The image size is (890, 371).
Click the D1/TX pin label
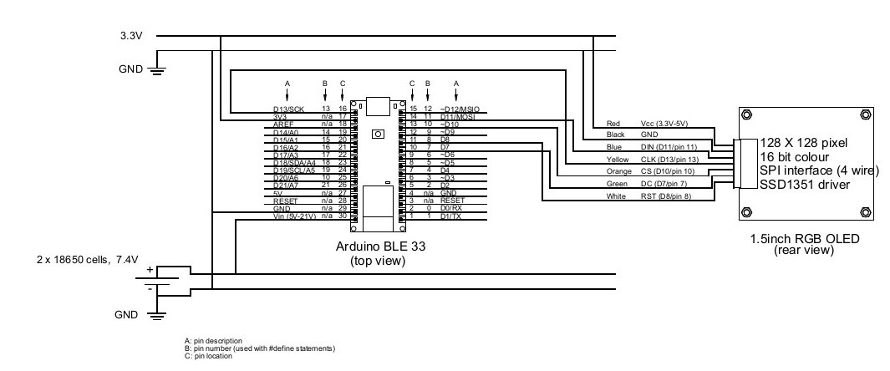(450, 216)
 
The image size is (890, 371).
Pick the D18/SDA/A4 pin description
(294, 163)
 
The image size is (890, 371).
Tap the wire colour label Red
(613, 124)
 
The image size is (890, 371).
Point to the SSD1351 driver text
(804, 184)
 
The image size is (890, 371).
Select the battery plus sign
(150, 271)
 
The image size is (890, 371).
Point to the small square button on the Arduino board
(378, 133)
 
